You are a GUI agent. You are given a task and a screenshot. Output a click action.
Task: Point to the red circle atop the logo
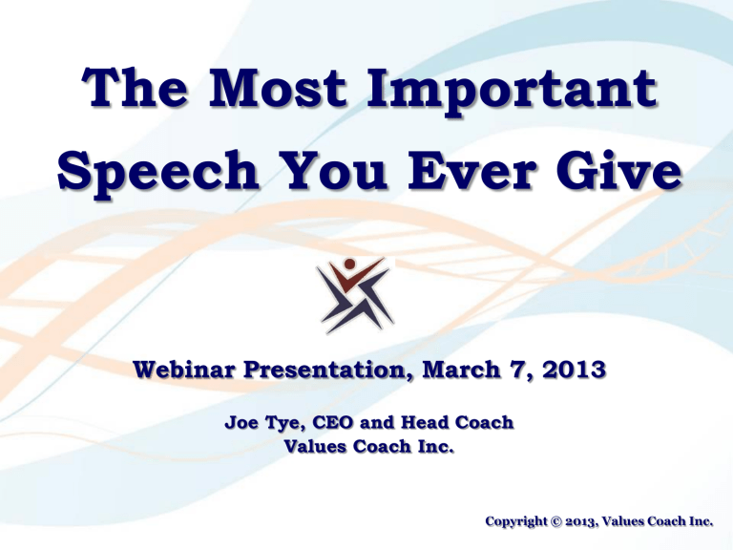coord(352,264)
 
